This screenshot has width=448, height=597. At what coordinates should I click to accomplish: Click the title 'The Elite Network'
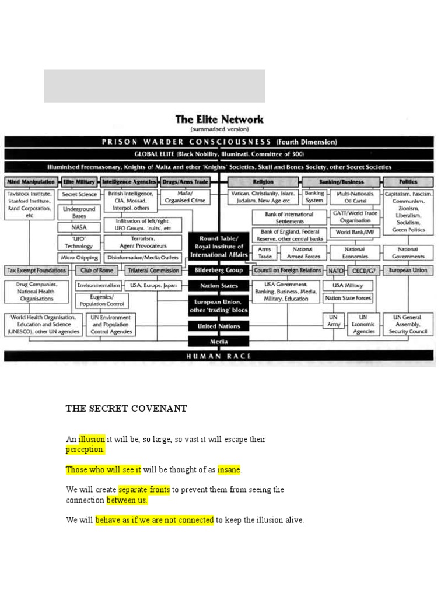pos(219,120)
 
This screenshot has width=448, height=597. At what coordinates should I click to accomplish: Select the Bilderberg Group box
pos(219,271)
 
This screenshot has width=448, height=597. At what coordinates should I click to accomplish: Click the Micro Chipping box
pos(79,257)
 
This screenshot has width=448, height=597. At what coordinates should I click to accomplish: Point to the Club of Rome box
pos(97,271)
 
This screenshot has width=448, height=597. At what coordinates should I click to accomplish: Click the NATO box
pos(335,271)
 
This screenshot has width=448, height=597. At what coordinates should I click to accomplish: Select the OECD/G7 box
pos(363,271)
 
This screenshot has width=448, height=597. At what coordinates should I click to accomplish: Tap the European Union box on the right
pos(408,271)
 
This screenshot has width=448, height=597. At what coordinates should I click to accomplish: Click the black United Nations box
pos(219,326)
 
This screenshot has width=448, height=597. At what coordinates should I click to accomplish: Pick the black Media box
pos(219,342)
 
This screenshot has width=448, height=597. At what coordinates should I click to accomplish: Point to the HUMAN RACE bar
pos(219,356)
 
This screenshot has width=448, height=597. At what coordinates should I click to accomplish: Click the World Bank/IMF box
pos(354,232)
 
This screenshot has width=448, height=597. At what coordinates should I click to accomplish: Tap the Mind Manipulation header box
pos(31,182)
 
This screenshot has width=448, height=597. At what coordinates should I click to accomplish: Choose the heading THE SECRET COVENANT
pos(126,409)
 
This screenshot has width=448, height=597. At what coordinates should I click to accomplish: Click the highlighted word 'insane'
pos(229,469)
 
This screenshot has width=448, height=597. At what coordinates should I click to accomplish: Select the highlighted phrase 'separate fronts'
pos(144,490)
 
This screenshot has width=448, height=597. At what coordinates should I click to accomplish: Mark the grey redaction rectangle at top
pos(155,86)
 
